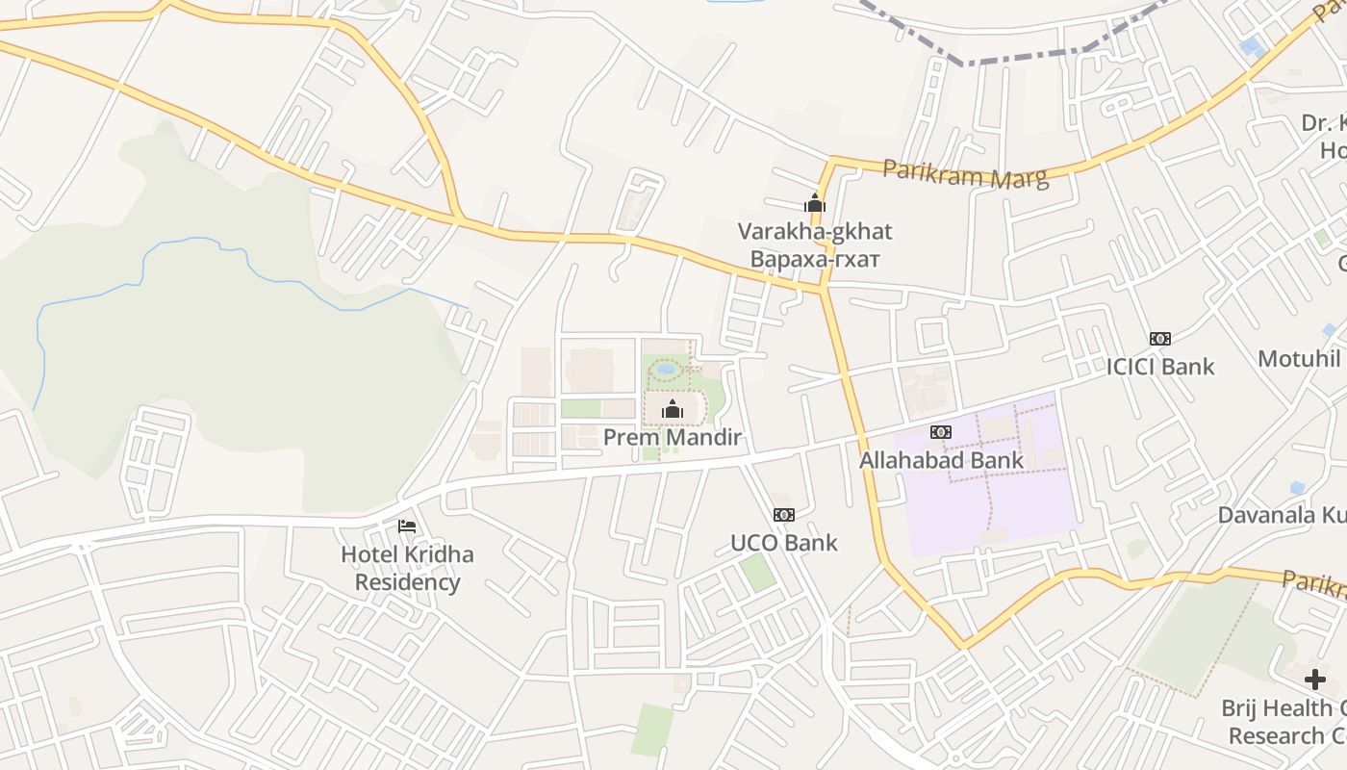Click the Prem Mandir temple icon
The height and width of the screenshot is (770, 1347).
tap(673, 410)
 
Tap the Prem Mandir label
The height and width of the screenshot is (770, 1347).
tap(672, 438)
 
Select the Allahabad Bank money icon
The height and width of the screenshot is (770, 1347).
tap(941, 432)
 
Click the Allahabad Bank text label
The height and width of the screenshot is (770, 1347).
tap(941, 460)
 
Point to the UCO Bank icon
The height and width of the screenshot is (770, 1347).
tap(784, 515)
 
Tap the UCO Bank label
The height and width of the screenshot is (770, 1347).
tap(784, 543)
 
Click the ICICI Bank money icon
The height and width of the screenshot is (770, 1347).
tap(1160, 339)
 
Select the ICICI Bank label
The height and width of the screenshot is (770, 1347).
tap(1160, 367)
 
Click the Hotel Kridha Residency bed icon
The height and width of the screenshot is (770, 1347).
tap(407, 526)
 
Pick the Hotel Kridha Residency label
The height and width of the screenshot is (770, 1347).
tap(407, 568)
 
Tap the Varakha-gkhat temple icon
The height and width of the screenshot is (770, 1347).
tap(815, 203)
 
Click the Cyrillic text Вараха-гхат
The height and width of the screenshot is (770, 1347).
tap(814, 259)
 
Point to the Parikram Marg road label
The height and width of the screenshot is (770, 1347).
tap(965, 174)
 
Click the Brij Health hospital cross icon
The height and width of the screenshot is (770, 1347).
tap(1314, 680)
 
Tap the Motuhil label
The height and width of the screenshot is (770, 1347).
tap(1299, 359)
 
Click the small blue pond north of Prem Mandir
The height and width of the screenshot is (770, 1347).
tap(665, 369)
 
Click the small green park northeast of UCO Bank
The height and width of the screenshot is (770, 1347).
tap(757, 573)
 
